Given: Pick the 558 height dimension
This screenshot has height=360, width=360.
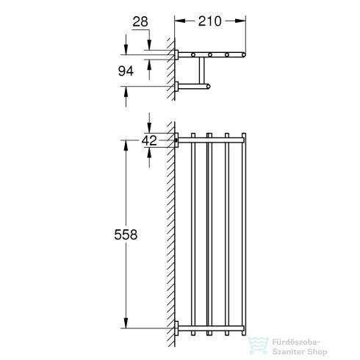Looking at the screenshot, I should pos(127,233).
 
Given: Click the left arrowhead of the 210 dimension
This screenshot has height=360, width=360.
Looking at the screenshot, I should pos(178,21).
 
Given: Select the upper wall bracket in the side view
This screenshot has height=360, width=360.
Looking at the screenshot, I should pos(178,54).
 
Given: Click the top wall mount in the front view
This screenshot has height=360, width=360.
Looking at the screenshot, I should pos(176,137).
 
